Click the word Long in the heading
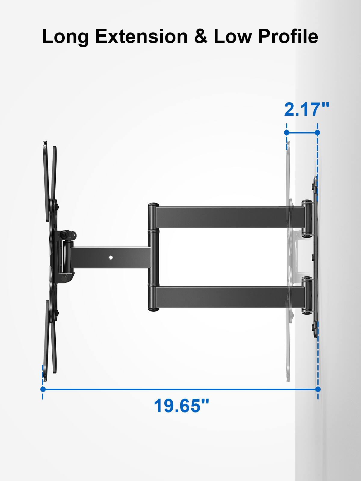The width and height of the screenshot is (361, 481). (x=65, y=37)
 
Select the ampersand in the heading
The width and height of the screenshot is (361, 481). (x=201, y=37)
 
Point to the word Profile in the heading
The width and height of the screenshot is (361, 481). (x=288, y=37)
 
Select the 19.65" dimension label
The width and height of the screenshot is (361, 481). (x=181, y=406)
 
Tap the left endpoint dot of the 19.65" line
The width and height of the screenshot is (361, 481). (x=43, y=389)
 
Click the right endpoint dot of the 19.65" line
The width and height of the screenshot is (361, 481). (x=318, y=389)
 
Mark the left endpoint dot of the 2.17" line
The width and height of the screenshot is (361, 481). (x=287, y=132)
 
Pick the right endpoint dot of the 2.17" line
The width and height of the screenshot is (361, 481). (x=317, y=132)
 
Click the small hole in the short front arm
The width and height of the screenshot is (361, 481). (x=111, y=257)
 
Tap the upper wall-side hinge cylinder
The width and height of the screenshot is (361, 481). (x=307, y=218)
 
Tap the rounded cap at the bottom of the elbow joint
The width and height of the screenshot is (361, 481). (x=153, y=309)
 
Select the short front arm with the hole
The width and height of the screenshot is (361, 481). (x=108, y=257)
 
